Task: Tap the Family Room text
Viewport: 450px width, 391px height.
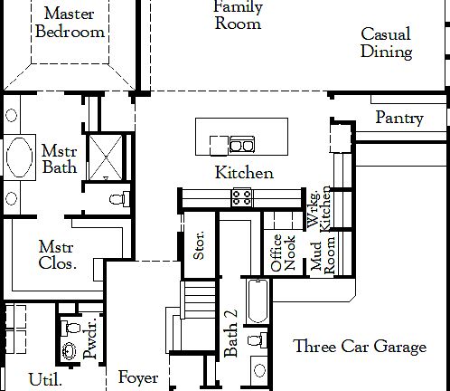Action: pos(238,14)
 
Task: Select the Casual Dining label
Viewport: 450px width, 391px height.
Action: pos(386,43)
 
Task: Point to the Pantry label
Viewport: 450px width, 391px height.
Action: pos(399,118)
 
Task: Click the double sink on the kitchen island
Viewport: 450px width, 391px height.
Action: pos(240,143)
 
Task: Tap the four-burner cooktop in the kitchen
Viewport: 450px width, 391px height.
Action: pos(241,195)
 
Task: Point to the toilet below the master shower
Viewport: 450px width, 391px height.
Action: pos(112,199)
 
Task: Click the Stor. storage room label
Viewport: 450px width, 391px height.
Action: pos(199,247)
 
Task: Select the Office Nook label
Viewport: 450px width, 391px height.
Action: pos(283,253)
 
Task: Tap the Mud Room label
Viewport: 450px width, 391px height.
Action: pos(323,255)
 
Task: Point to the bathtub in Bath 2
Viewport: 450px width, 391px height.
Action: pos(255,303)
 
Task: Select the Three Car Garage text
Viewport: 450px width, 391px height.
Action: pos(360,347)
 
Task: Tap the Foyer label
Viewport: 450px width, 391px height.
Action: pos(138,377)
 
